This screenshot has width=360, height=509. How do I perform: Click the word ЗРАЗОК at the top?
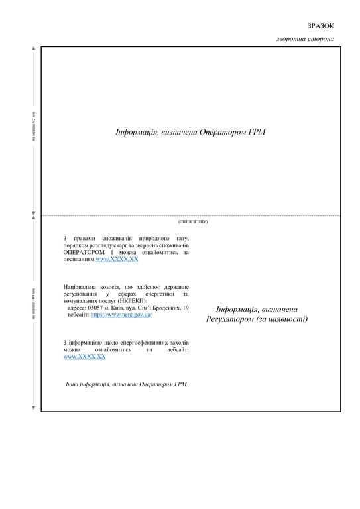point(321,26)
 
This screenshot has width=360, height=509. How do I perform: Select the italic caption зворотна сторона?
point(305,39)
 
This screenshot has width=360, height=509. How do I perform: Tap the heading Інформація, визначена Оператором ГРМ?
point(190,133)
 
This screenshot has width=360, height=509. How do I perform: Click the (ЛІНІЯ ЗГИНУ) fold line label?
point(193,221)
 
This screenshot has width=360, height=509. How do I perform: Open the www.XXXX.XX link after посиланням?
point(117,260)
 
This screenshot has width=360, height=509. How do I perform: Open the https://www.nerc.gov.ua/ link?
point(121,315)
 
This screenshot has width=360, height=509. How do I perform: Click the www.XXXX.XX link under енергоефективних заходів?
point(84,357)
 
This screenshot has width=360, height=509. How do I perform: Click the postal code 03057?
point(96,308)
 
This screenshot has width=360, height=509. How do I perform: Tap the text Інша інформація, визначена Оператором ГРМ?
point(126,384)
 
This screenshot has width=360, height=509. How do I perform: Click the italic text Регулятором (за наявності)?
point(257,319)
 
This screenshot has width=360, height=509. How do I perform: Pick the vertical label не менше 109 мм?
point(34,304)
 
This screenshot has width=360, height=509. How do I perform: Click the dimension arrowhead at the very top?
point(34,49)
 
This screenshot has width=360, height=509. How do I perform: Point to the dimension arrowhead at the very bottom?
point(34,407)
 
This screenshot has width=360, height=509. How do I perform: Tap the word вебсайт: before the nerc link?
point(78,315)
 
